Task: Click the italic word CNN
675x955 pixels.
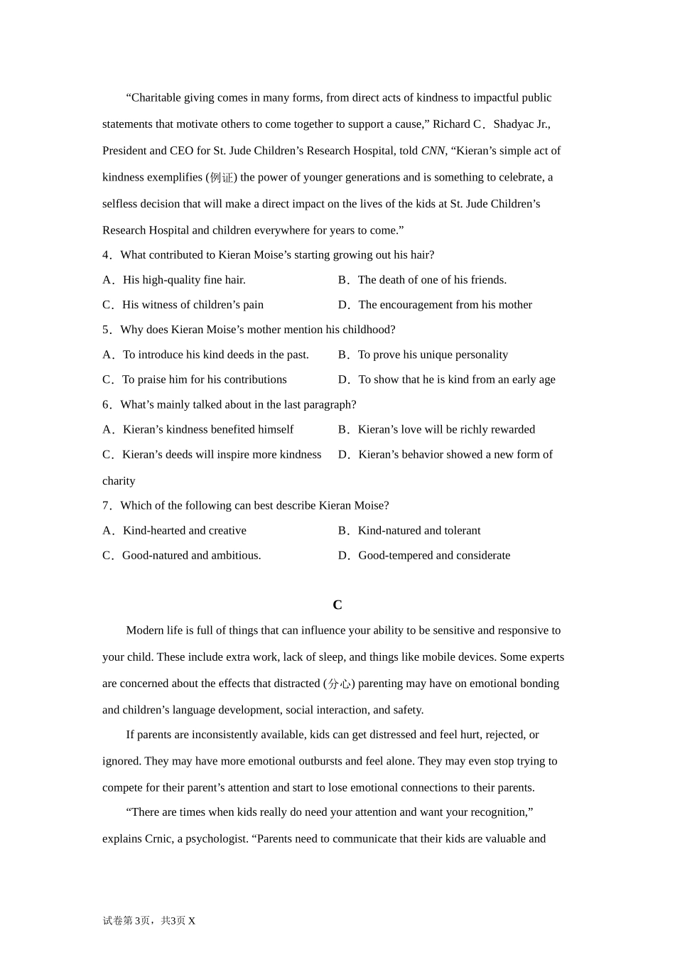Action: coord(433,151)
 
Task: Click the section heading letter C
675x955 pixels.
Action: coord(337,605)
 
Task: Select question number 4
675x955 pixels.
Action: coord(107,255)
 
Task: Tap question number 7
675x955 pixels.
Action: coord(107,506)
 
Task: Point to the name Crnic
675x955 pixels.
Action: coord(158,839)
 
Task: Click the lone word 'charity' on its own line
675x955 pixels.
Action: coord(119,481)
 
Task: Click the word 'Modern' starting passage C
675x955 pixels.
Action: coord(144,630)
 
